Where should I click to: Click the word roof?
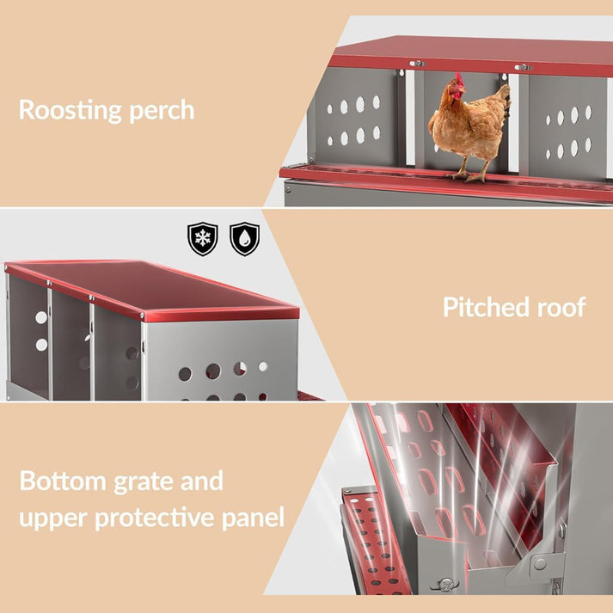coord(561,307)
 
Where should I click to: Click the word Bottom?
coord(63,481)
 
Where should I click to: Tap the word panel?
coord(253,518)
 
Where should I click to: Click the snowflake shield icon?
coord(203,238)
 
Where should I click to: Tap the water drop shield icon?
coord(245,238)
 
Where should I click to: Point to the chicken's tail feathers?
coord(504,100)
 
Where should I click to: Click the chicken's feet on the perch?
coord(468,175)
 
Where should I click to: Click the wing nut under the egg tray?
coord(445,584)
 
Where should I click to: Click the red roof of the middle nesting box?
coord(152,289)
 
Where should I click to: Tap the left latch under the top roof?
coord(417,64)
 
